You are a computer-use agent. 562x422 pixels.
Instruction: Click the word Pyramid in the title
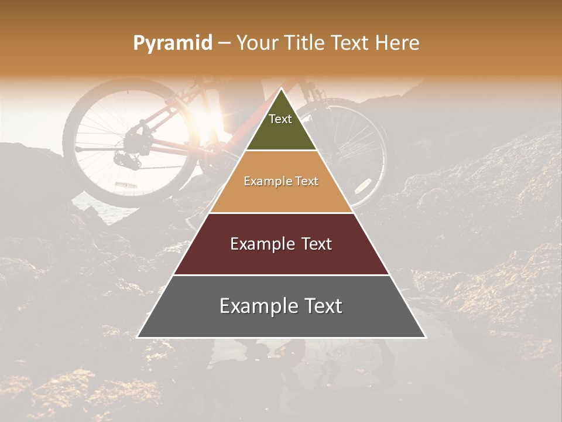point(172,43)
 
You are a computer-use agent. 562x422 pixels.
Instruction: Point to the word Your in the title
point(256,43)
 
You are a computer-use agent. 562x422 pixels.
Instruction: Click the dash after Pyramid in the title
point(224,43)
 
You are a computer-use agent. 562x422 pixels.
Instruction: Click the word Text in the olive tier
point(280,119)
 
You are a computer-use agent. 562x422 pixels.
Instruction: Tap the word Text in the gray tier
point(323,306)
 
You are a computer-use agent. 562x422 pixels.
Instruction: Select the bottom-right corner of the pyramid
point(426,338)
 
